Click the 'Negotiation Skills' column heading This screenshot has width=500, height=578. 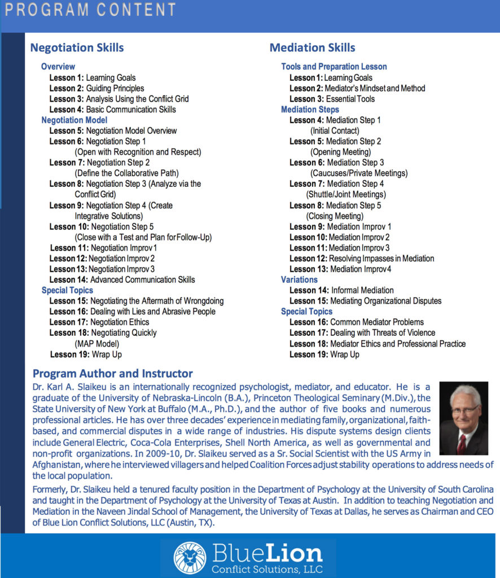pyautogui.click(x=77, y=48)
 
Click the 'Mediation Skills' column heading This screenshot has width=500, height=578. pyautogui.click(x=313, y=48)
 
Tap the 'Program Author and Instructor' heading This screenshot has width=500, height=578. pyautogui.click(x=113, y=374)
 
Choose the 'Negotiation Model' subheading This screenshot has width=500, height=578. pyautogui.click(x=74, y=120)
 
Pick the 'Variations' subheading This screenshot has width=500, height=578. pyautogui.click(x=299, y=279)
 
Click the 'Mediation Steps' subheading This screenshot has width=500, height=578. pyautogui.click(x=310, y=110)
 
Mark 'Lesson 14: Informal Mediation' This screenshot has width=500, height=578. pyautogui.click(x=338, y=290)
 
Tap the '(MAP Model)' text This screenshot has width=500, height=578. pyautogui.click(x=97, y=343)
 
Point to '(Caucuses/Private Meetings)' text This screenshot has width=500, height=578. pyautogui.click(x=358, y=173)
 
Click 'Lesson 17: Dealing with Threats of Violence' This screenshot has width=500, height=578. pyautogui.click(x=362, y=333)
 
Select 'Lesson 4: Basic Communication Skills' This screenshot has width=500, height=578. pyautogui.click(x=112, y=110)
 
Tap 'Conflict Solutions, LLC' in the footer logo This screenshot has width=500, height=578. pyautogui.click(x=267, y=568)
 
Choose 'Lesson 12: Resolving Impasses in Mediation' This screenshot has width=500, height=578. pyautogui.click(x=362, y=259)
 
